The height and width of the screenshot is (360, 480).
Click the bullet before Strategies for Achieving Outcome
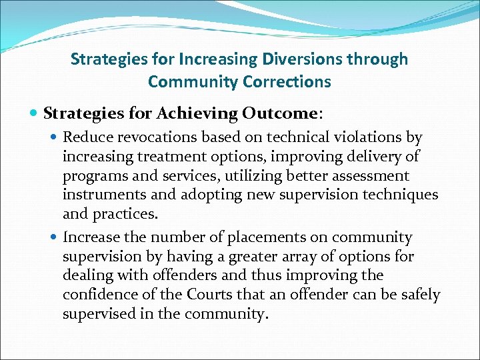[x=35, y=114]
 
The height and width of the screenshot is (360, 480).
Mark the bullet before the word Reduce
[x=54, y=138]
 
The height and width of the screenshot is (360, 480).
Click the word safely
[x=421, y=295]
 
